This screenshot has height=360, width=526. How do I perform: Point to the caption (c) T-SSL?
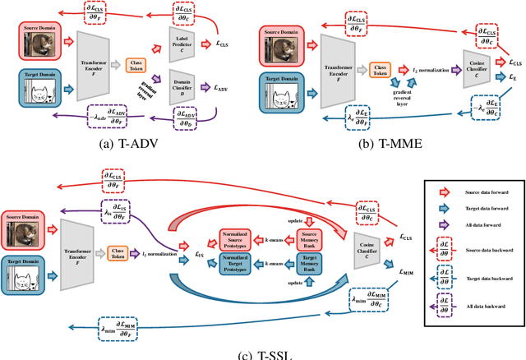263,354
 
